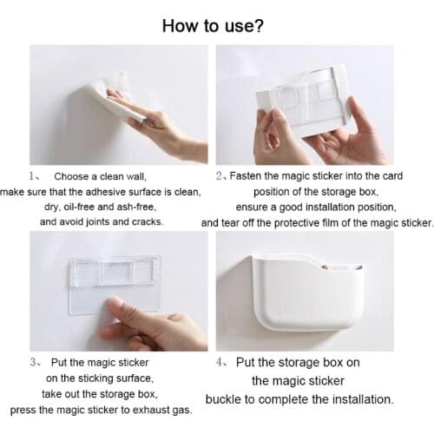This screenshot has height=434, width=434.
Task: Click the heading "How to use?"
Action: [x=214, y=25]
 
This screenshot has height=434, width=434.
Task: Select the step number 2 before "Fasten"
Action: [x=220, y=175]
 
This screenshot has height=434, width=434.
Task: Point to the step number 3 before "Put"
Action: [x=33, y=361]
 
